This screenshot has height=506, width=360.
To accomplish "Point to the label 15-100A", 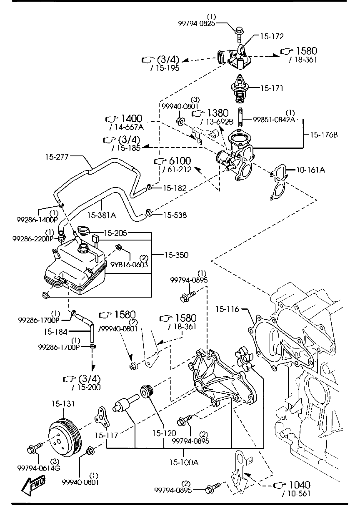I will (184, 462).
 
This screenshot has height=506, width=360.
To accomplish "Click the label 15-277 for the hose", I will (57, 157).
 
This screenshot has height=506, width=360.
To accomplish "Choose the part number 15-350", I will (177, 254).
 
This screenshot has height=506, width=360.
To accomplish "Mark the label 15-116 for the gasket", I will (227, 309).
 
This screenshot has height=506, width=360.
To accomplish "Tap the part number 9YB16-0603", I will (129, 264).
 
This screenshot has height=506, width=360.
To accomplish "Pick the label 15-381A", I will (102, 215).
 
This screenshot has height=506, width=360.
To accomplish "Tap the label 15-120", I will (163, 433).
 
